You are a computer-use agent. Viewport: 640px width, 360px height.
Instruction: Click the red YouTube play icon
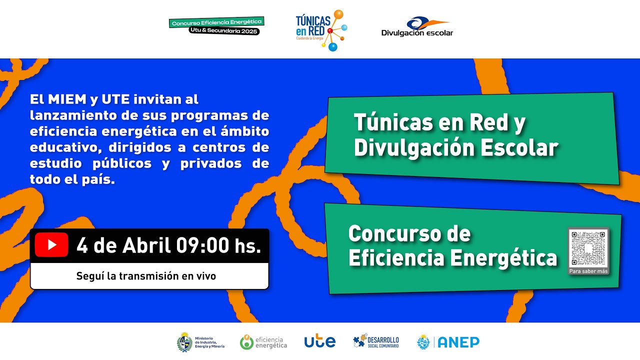pyautogui.click(x=51, y=245)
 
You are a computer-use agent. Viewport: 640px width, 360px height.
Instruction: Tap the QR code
pyautogui.click(x=588, y=248)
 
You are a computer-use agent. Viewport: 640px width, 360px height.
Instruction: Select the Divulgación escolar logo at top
pyautogui.click(x=417, y=27)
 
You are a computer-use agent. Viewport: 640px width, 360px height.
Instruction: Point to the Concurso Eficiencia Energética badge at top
pyautogui.click(x=216, y=26)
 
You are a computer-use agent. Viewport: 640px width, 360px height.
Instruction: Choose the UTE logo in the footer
pyautogui.click(x=320, y=341)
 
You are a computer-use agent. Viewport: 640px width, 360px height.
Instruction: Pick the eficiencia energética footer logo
pyautogui.click(x=263, y=342)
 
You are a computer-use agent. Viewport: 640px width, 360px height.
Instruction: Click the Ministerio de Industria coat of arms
pyautogui.click(x=184, y=342)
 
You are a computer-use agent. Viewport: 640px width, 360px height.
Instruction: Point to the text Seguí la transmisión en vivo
pyautogui.click(x=146, y=276)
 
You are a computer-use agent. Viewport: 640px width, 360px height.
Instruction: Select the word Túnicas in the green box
pyautogui.click(x=394, y=123)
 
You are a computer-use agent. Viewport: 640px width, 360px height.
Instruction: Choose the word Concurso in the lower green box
pyautogui.click(x=409, y=233)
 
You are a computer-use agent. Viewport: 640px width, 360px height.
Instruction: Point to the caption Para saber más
pyautogui.click(x=588, y=271)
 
